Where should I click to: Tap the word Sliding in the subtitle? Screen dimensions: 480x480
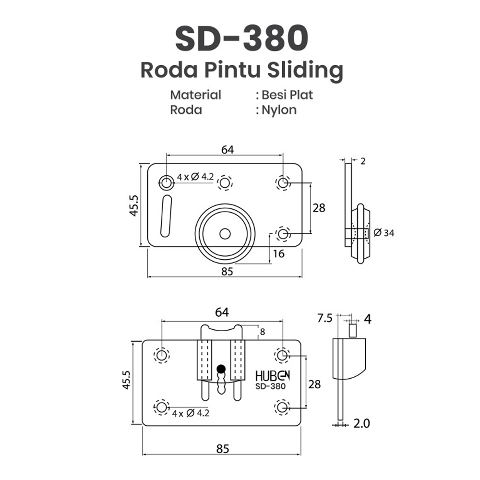[305, 71]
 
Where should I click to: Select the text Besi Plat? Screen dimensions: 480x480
[287, 95]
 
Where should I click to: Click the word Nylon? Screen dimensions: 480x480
[279, 110]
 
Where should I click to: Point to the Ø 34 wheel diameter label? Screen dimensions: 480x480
[384, 233]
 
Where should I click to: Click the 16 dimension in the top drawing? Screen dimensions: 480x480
[278, 254]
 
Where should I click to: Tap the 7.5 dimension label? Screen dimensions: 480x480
[324, 318]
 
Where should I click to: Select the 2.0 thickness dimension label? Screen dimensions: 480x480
[361, 424]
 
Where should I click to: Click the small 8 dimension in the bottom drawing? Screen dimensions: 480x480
[263, 332]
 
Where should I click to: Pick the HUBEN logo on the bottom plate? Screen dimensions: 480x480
[273, 376]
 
